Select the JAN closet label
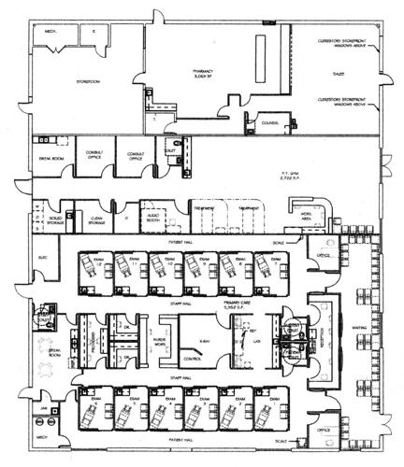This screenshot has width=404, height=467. tap(43, 407)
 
